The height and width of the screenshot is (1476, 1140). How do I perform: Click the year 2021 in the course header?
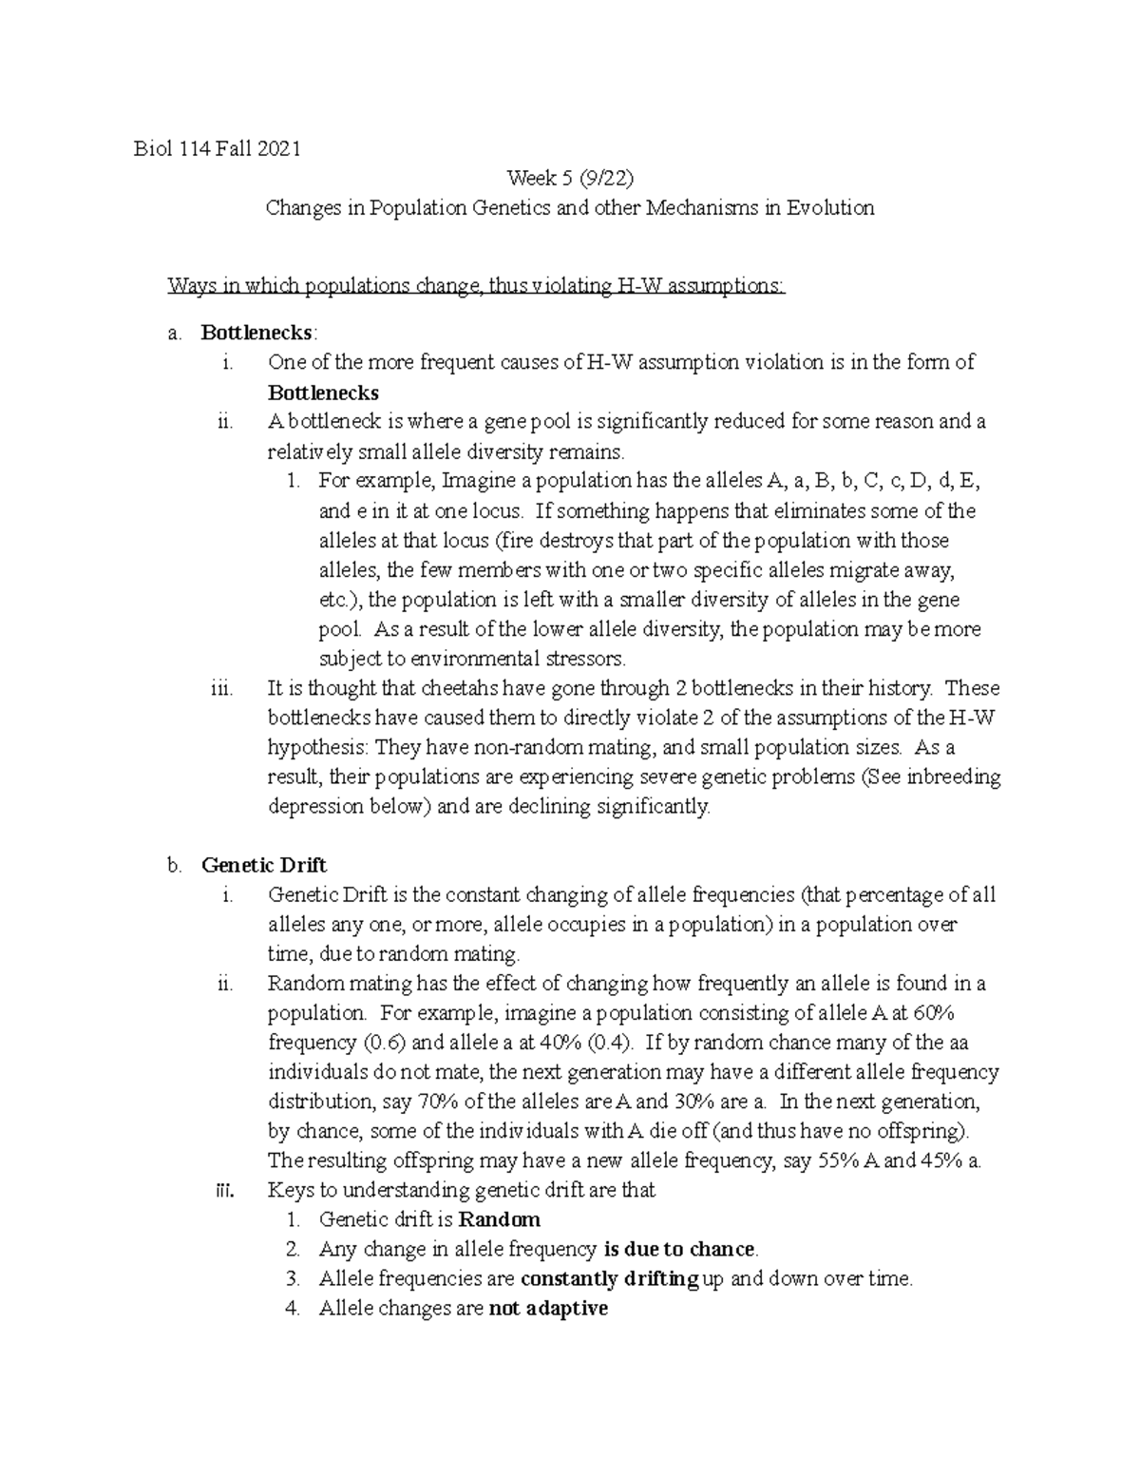click(x=278, y=148)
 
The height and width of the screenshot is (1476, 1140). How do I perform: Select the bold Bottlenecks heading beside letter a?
click(x=256, y=333)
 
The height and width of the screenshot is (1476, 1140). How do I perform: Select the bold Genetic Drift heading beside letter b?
click(x=264, y=865)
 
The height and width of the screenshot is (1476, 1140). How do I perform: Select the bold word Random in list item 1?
click(x=500, y=1219)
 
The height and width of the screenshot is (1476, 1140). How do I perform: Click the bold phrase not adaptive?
click(x=548, y=1309)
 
